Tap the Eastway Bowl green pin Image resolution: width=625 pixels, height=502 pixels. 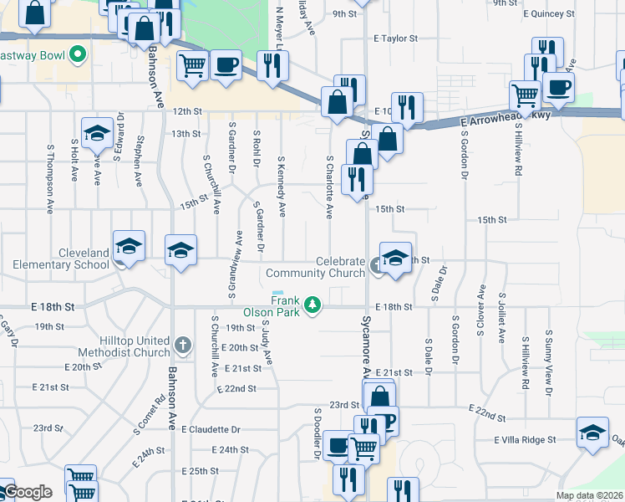(78, 56)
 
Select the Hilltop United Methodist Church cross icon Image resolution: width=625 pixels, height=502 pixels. (183, 345)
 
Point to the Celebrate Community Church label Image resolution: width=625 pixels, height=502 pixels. (315, 267)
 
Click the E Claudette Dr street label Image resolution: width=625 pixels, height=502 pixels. (210, 429)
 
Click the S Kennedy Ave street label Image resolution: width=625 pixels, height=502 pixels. (282, 185)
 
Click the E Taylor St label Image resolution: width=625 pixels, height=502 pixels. (395, 38)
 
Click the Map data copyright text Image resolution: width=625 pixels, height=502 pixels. (589, 495)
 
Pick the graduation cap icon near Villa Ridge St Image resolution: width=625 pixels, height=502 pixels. (592, 434)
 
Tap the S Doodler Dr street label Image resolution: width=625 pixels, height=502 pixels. (318, 433)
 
